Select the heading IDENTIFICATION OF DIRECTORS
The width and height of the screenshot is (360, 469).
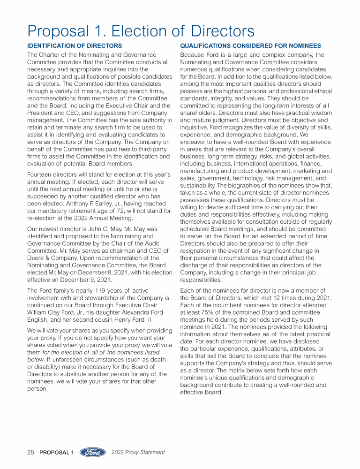pos(75,46)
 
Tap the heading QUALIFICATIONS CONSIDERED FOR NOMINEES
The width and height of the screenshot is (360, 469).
pos(251,46)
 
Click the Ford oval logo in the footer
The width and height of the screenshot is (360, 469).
pos(92,452)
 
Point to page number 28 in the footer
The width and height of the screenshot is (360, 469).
pos(31,453)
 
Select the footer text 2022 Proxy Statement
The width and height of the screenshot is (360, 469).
pos(138,453)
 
